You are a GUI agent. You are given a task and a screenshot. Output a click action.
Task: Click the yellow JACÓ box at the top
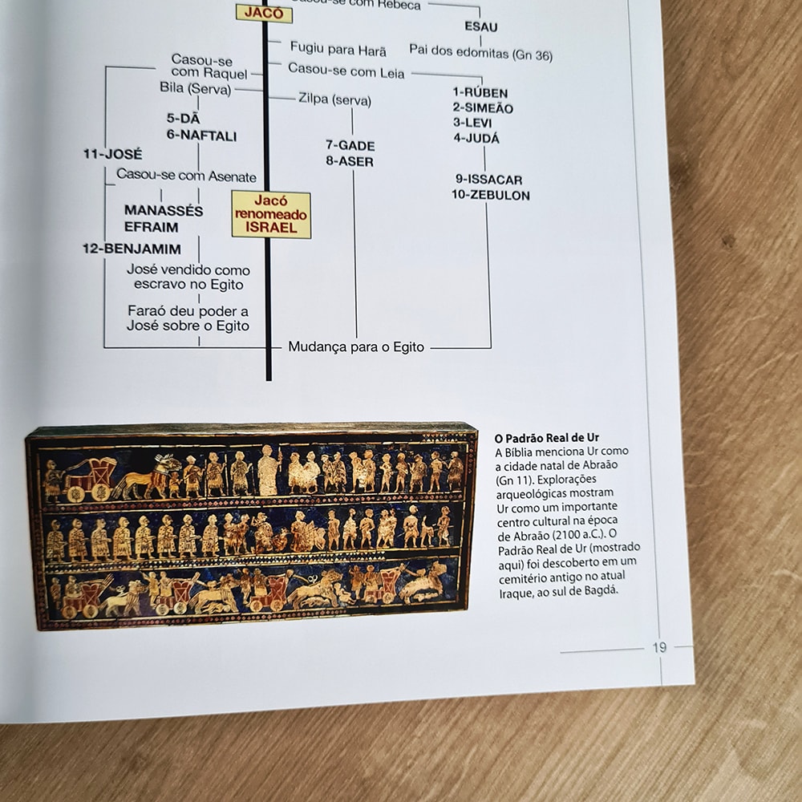(259, 13)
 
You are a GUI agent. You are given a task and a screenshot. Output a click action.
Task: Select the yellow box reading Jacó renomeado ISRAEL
(271, 214)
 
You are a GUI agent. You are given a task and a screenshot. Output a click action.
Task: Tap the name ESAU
(481, 26)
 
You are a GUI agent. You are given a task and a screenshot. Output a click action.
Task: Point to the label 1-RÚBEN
(480, 93)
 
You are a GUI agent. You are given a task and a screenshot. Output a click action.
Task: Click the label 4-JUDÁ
(476, 138)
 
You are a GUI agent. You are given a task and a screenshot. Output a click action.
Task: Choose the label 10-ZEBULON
(490, 195)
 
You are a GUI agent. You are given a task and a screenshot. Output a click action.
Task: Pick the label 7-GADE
(350, 145)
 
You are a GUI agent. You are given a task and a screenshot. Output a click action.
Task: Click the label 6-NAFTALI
(201, 136)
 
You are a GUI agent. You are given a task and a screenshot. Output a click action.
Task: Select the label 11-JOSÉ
(112, 154)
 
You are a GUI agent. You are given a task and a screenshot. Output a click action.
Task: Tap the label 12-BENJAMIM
(132, 249)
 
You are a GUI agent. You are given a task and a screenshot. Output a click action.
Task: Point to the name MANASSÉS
(164, 211)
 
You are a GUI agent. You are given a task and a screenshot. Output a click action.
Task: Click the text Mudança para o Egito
(356, 347)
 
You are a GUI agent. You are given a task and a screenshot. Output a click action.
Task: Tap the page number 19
(659, 647)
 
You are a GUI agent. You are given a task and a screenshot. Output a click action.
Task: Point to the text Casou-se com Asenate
(186, 176)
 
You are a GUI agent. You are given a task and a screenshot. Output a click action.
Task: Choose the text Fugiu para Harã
(338, 50)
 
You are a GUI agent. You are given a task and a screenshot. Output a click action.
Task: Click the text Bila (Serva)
(195, 88)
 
